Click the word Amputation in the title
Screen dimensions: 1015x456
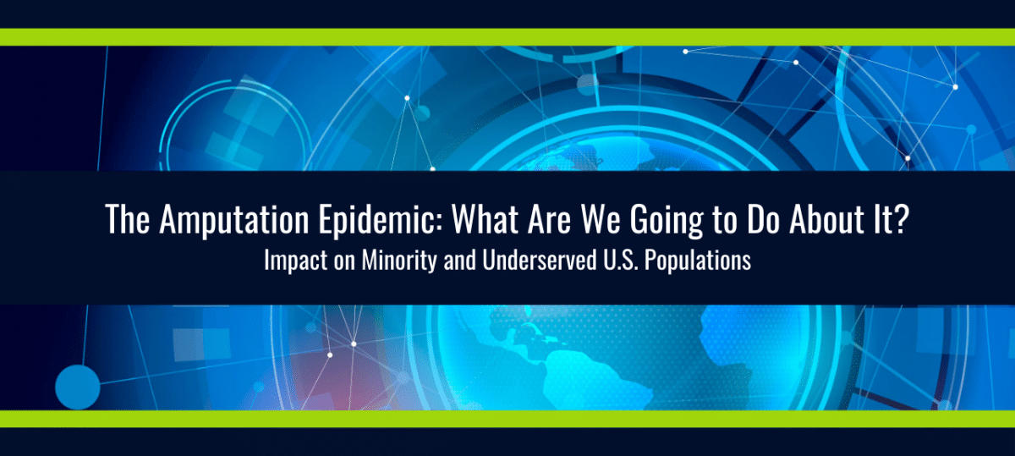point(233,220)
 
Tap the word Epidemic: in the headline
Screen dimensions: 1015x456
point(380,220)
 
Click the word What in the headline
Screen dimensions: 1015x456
point(485,219)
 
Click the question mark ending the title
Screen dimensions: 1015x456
point(902,219)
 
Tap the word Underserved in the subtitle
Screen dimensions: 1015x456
point(540,261)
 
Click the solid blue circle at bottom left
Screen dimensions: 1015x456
point(78,387)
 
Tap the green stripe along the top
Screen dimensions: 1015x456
point(507,37)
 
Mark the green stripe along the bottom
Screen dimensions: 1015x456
point(507,419)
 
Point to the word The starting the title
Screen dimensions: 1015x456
point(128,219)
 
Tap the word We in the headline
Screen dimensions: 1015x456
point(601,219)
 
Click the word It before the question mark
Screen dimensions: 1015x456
point(882,219)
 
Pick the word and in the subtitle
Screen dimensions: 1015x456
point(459,261)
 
